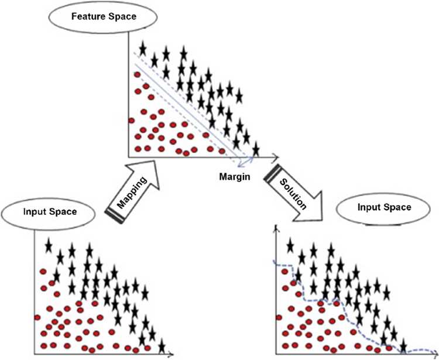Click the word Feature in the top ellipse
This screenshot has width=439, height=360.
[x=85, y=16]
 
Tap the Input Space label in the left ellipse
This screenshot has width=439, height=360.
[x=50, y=212]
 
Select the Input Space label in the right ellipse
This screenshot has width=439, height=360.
[x=385, y=207]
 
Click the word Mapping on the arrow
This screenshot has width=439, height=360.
[x=132, y=193]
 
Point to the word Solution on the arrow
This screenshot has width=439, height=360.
[x=293, y=194]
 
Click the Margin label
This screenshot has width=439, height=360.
[x=235, y=177]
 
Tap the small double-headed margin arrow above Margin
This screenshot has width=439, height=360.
[x=246, y=162]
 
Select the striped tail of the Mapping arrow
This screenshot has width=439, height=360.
[x=115, y=216]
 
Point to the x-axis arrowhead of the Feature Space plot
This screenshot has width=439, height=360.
[x=276, y=157]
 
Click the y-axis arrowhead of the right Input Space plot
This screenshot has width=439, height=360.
[x=277, y=228]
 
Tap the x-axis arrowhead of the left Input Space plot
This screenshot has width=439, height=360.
[x=170, y=354]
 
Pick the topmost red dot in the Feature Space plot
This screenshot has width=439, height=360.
[x=137, y=74]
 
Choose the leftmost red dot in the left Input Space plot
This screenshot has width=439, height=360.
[x=37, y=317]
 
